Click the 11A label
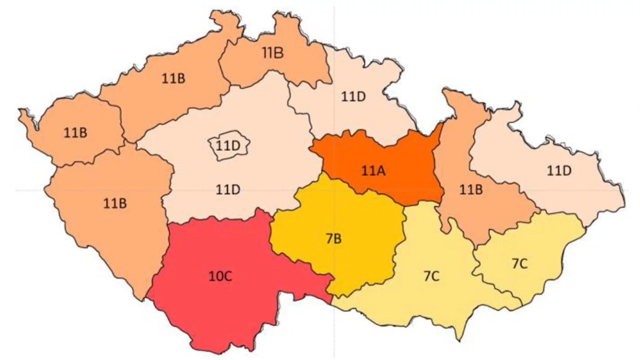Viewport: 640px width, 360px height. click(x=373, y=172)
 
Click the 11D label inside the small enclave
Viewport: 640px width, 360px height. click(x=228, y=147)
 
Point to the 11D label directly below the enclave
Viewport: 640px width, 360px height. click(x=228, y=188)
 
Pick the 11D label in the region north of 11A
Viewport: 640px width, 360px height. click(x=353, y=96)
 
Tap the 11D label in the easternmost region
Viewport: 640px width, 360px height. click(x=559, y=171)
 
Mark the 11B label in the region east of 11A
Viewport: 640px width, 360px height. click(x=471, y=190)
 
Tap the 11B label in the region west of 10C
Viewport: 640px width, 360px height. click(x=115, y=203)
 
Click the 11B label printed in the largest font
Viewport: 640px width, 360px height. click(x=272, y=53)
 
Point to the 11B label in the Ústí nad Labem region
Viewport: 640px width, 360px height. click(x=173, y=79)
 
